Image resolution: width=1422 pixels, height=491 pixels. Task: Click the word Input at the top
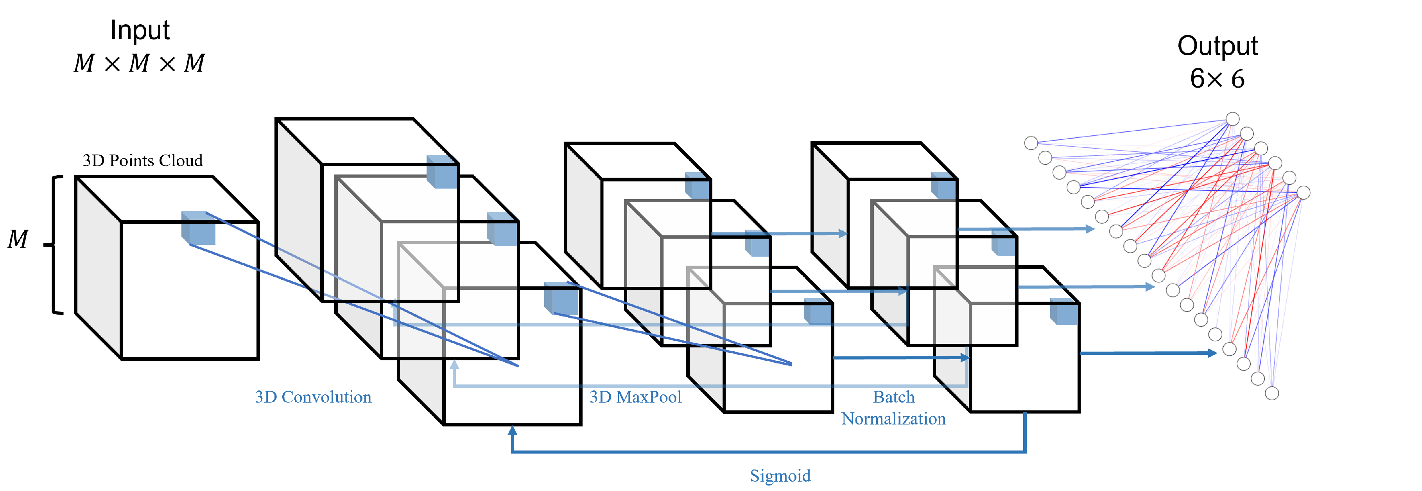point(140,31)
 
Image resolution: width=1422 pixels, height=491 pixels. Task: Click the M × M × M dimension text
point(139,63)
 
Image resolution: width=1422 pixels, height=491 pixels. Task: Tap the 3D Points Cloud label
point(142,161)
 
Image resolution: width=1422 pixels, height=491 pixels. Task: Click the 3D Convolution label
point(313,397)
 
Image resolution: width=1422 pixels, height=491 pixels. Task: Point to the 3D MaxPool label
point(635,397)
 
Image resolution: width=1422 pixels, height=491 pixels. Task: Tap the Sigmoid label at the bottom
point(780,475)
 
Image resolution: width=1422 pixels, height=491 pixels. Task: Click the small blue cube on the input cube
point(199,228)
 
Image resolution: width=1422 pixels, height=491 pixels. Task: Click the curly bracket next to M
point(55,245)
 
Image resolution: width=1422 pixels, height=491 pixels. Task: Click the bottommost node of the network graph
point(1272,393)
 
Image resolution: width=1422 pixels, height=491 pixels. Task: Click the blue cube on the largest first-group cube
point(442,172)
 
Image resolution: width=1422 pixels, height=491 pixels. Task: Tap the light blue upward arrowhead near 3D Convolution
point(454,365)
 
